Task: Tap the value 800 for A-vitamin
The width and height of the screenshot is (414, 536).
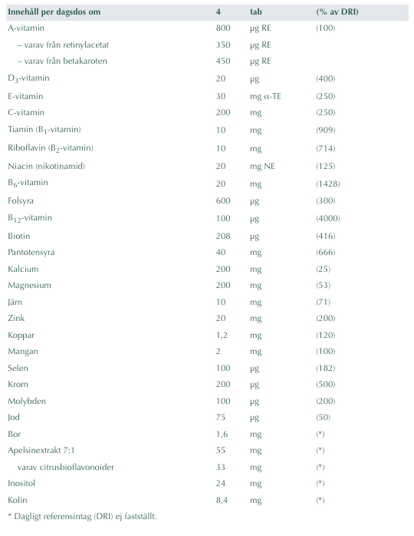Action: coord(223,28)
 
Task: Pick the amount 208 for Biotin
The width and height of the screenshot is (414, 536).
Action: coord(223,236)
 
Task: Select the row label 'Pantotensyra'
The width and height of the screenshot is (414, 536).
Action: coord(31,252)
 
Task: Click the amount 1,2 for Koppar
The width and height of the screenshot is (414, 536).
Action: coord(222,336)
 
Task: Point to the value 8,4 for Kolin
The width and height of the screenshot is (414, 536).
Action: coord(222,499)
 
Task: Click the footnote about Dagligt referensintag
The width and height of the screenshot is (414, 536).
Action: coord(82,517)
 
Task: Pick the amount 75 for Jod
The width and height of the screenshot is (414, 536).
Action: coord(221,418)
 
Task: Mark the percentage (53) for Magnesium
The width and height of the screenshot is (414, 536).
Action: coord(324,285)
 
